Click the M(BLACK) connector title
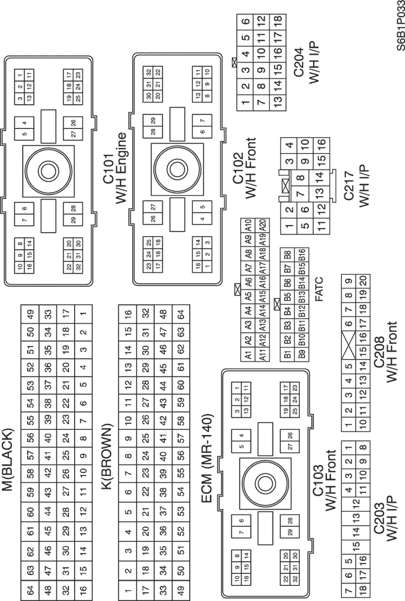pos(8,459)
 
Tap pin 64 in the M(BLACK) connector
pos(30,588)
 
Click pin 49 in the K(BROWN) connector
pos(181,588)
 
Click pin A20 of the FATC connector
pos(262,225)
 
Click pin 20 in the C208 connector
pos(363,281)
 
